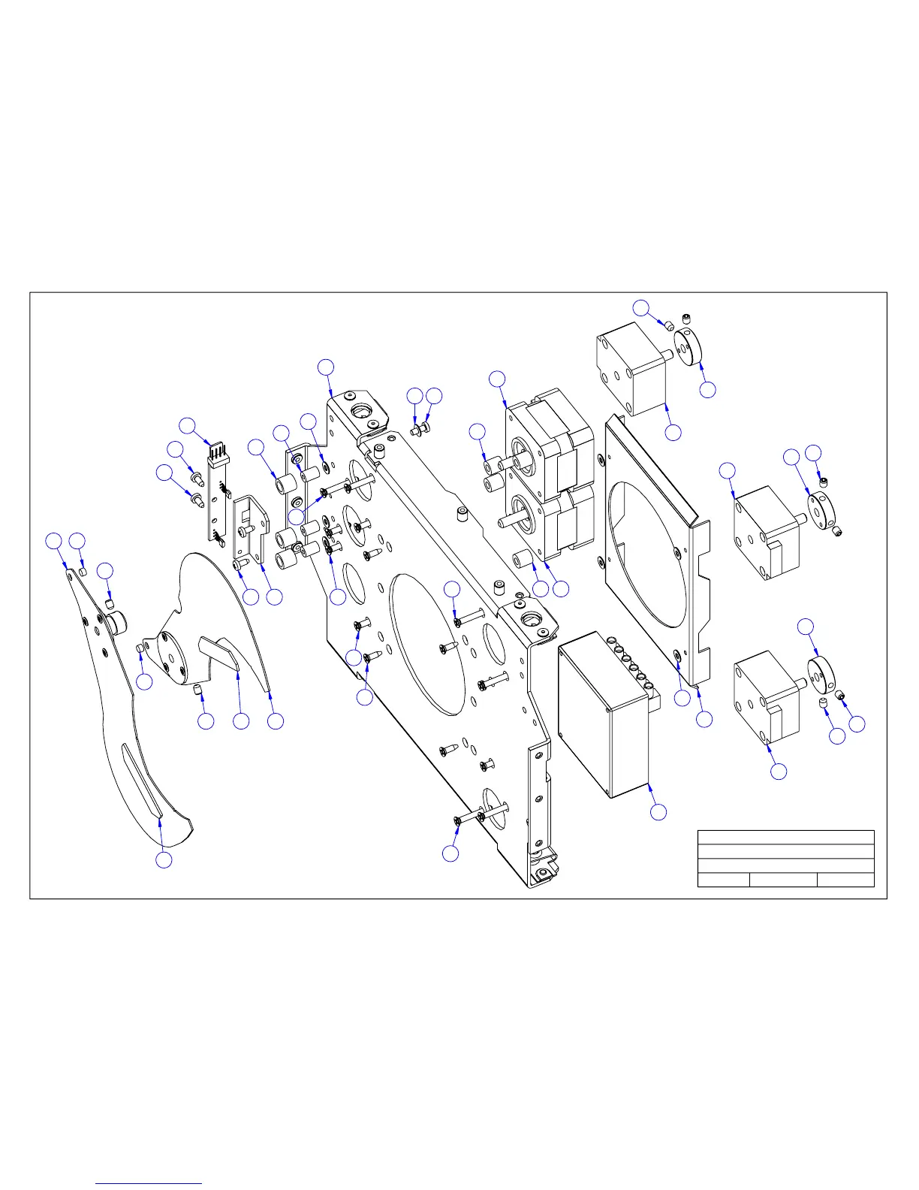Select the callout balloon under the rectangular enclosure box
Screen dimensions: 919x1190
[658, 812]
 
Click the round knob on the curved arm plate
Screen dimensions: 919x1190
[119, 622]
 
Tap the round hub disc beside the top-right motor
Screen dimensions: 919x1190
[688, 345]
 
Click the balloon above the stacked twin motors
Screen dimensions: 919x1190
[497, 378]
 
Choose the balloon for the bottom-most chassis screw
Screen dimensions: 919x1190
[450, 853]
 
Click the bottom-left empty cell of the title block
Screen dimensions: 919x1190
[723, 880]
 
